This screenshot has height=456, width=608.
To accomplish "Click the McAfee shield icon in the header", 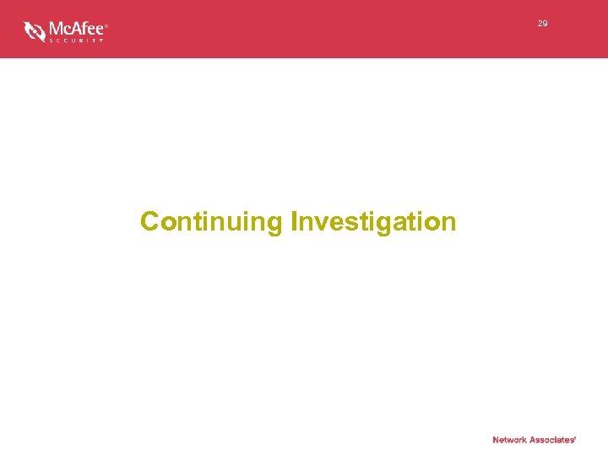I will coord(35,31).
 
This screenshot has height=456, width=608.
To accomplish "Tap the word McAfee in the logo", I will coord(75,28).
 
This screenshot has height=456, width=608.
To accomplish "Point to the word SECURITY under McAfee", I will coord(75,40).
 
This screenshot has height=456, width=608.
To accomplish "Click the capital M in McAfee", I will coord(56,28).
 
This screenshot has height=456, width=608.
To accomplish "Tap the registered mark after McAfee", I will coord(106,24).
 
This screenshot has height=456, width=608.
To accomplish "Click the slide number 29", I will coord(542,24).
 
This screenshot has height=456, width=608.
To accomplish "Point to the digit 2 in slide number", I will coord(540,24).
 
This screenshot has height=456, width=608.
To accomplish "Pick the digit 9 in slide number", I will coord(545,24).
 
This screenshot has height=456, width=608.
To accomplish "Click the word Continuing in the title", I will coord(211,222).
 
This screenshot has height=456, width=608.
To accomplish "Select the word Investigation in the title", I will coord(373,222).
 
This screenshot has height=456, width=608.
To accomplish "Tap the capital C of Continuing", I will coord(150,221).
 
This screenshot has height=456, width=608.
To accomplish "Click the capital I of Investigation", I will coord(294,221).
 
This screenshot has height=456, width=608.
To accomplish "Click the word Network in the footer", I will coord(510,440).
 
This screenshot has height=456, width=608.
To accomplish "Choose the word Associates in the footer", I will coord(552,440).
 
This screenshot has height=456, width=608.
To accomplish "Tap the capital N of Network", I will coord(496,440).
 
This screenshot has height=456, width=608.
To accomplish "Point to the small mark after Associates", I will coord(575,437).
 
